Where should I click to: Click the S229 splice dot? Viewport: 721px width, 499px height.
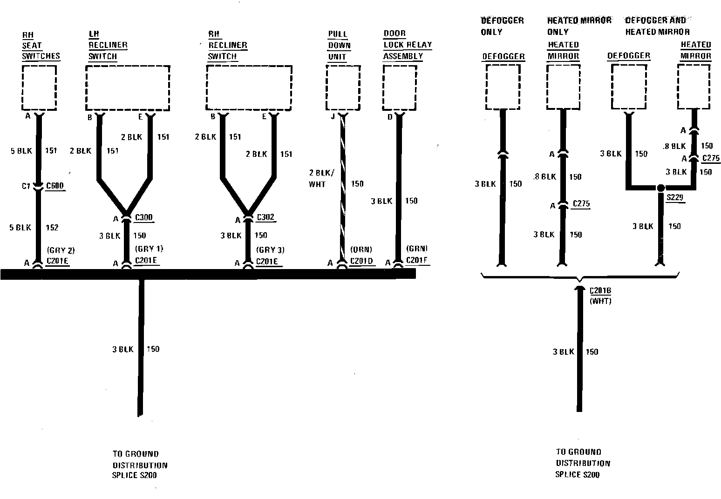[x=660, y=188]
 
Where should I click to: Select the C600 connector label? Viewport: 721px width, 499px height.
[x=55, y=186]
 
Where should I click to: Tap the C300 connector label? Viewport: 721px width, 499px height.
[x=143, y=217]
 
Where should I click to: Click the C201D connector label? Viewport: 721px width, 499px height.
[x=361, y=261]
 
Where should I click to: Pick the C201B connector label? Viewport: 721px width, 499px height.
[x=600, y=291]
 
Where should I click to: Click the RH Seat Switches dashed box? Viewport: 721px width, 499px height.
[x=39, y=87]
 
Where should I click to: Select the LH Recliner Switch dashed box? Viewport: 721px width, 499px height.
[x=127, y=88]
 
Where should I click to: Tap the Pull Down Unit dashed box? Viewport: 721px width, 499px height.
[x=343, y=87]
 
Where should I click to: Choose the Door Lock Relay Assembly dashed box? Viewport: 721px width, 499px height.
[x=400, y=87]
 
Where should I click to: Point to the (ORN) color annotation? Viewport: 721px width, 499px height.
[x=362, y=250]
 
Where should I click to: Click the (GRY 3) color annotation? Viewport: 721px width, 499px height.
[x=270, y=250]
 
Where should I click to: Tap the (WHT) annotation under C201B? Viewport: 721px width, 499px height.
[x=600, y=301]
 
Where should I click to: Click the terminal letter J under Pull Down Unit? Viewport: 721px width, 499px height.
[x=333, y=116]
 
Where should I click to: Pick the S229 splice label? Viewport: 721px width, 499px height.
[x=674, y=197]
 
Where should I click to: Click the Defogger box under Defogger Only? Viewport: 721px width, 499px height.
[x=503, y=87]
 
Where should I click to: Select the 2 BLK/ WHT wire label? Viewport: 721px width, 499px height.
[x=321, y=179]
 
